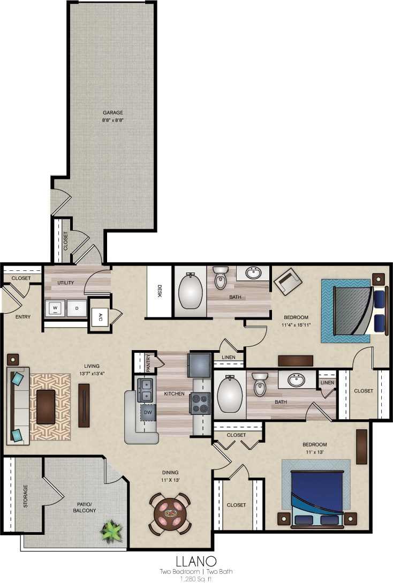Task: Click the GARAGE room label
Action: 113,113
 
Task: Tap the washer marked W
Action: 55,308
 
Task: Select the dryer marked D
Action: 77,308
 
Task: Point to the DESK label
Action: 159,290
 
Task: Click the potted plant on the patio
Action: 112,531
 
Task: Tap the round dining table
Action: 170,514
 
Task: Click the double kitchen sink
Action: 145,390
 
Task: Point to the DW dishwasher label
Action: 148,412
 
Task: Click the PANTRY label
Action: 148,362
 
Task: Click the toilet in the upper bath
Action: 220,278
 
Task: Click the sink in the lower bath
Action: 296,380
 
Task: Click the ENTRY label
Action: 23,317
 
